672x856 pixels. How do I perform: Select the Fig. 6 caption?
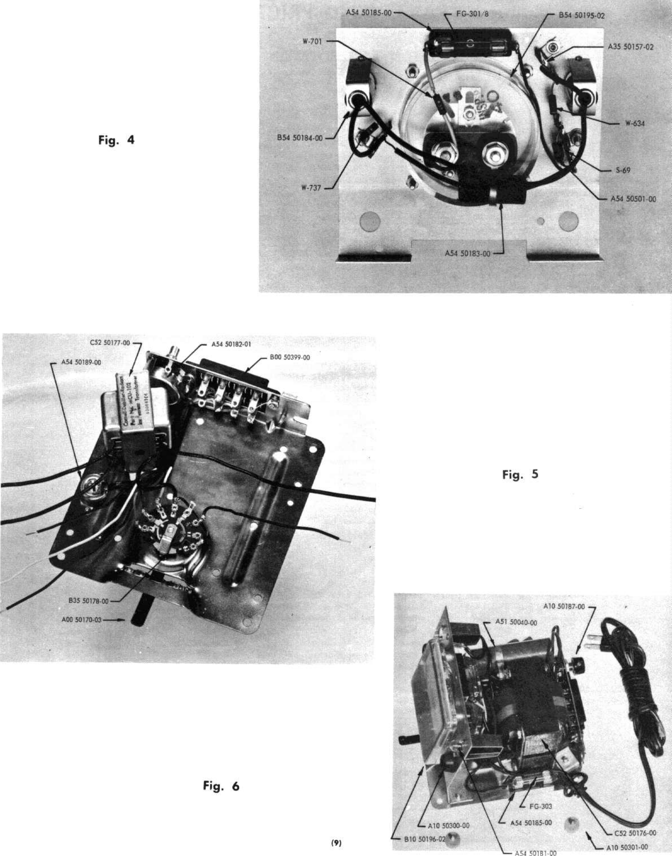[x=221, y=786]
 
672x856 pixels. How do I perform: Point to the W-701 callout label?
[x=312, y=41]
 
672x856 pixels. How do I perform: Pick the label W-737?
[x=311, y=188]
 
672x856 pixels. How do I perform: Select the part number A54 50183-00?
[x=467, y=253]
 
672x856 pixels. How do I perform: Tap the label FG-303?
[x=541, y=806]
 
